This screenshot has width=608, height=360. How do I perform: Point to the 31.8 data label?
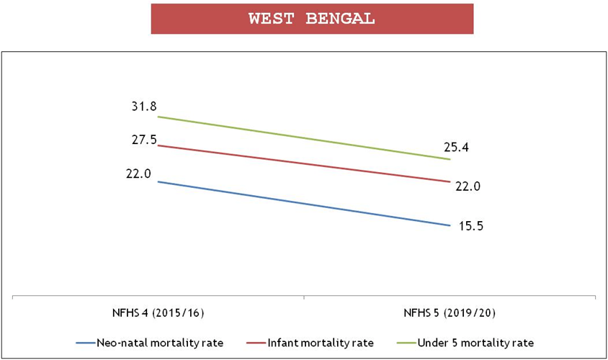click(144, 106)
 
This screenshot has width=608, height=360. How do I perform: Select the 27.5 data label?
click(144, 140)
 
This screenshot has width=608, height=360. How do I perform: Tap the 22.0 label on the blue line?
click(138, 174)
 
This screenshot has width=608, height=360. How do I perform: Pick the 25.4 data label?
click(457, 148)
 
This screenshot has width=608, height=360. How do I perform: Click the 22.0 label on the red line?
click(468, 186)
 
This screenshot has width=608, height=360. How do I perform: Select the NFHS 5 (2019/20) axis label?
click(450, 315)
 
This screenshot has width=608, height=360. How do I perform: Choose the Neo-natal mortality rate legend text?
click(159, 342)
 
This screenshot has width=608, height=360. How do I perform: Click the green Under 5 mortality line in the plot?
click(303, 138)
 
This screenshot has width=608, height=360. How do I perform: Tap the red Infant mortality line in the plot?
click(303, 163)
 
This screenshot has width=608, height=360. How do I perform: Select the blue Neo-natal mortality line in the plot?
click(303, 203)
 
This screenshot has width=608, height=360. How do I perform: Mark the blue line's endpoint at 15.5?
click(450, 225)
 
